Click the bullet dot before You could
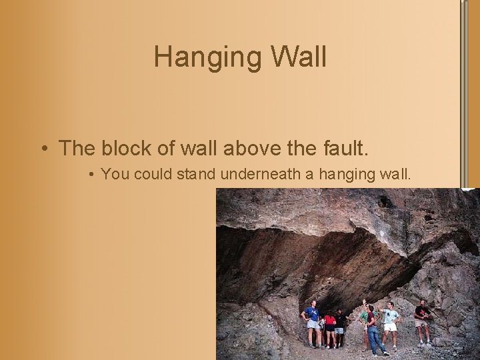[91, 175]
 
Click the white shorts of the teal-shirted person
[391, 327]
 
